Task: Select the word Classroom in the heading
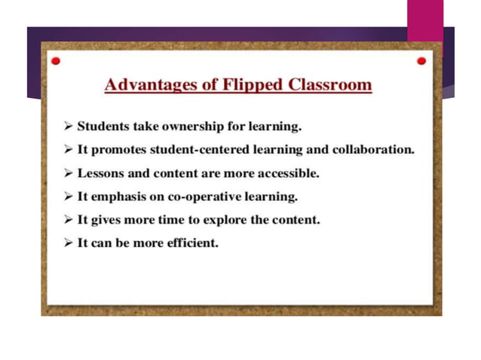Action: point(330,84)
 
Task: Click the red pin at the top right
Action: point(421,60)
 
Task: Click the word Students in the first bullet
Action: point(104,126)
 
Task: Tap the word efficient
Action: point(191,243)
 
